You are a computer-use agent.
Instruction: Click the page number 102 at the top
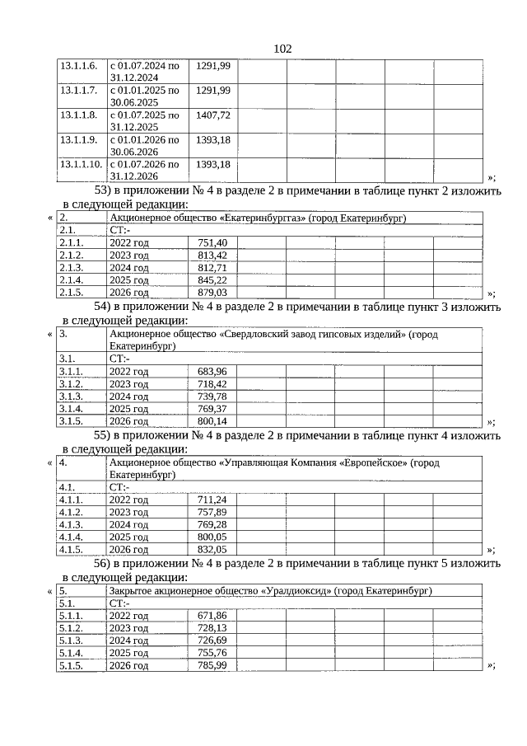282,49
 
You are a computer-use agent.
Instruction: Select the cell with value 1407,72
212,115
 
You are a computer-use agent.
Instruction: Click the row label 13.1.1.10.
81,164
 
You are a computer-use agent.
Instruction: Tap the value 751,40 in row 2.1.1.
212,243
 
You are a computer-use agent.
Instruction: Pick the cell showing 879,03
212,293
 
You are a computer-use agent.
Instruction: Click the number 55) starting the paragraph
97,434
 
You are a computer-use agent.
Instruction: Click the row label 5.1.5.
72,665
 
